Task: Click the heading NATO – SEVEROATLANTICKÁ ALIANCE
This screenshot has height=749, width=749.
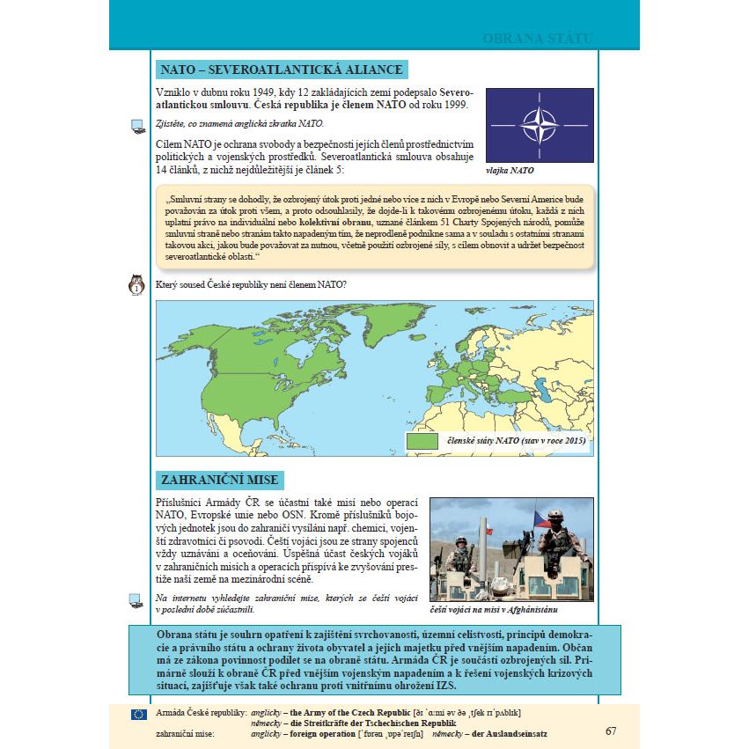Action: pyautogui.click(x=280, y=70)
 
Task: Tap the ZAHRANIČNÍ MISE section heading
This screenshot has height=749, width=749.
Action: pyautogui.click(x=219, y=480)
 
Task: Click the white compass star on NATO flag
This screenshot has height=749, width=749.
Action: pyautogui.click(x=540, y=123)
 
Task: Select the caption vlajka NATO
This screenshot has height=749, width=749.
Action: pyautogui.click(x=510, y=171)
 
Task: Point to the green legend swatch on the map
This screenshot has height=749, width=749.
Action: pyautogui.click(x=422, y=440)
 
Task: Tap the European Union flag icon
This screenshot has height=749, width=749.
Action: pyautogui.click(x=138, y=714)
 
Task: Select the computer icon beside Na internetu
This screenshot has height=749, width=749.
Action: pyautogui.click(x=136, y=601)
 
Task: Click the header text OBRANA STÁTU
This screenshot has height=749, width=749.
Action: pyautogui.click(x=537, y=40)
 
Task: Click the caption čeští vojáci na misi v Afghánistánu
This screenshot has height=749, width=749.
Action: pyautogui.click(x=495, y=609)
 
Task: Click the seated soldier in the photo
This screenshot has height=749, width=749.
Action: pyautogui.click(x=556, y=537)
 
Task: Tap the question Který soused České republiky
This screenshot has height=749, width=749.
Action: pyautogui.click(x=249, y=284)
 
